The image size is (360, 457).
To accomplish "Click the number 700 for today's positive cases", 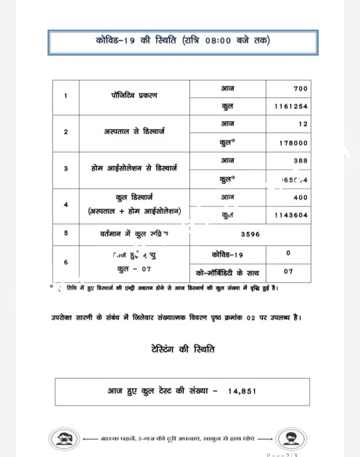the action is click(x=300, y=88).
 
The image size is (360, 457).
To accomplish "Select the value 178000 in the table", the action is click(x=293, y=143).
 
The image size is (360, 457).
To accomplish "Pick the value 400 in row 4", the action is click(x=299, y=197).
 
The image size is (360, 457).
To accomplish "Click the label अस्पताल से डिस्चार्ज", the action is click(x=134, y=132).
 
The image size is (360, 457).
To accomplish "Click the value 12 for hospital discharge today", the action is click(x=302, y=125).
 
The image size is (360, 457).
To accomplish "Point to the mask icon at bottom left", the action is click(x=63, y=439).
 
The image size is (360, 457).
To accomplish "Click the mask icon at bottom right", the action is click(x=297, y=439).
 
